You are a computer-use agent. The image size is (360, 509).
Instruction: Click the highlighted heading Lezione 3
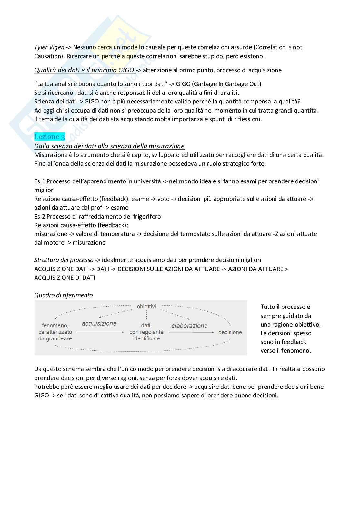(49, 137)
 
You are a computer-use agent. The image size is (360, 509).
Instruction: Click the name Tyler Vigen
(49, 47)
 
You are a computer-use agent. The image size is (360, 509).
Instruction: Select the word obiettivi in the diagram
(146, 306)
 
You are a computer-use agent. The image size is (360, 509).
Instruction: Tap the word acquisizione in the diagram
(99, 324)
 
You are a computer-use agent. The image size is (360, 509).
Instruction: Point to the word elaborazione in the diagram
(189, 326)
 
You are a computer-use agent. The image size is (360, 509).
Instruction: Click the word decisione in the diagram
(230, 332)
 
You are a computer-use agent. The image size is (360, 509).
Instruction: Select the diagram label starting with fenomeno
(55, 332)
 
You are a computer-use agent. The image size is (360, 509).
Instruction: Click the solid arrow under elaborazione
(192, 332)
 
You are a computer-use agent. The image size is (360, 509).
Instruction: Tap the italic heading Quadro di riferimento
(64, 295)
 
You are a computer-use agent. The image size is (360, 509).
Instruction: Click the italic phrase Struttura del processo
(64, 260)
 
